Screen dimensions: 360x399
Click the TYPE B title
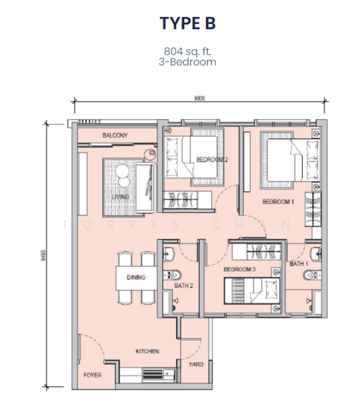tap(187, 23)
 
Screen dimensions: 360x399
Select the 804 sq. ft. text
tap(187, 51)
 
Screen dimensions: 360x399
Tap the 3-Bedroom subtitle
tap(187, 62)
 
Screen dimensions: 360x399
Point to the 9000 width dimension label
tap(199, 98)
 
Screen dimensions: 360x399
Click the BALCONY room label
tap(115, 136)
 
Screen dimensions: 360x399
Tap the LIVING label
tap(120, 197)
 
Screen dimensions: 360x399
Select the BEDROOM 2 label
tap(212, 160)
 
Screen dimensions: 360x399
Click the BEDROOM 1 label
tap(278, 201)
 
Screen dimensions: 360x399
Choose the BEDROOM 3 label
tap(240, 269)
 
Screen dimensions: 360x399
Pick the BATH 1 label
tap(299, 263)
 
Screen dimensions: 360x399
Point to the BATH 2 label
tap(183, 286)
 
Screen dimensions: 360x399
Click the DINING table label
tap(136, 277)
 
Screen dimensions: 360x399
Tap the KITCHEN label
tap(147, 351)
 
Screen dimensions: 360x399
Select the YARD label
tap(196, 364)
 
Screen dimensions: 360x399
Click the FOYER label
tap(92, 375)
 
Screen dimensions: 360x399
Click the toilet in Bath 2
tap(173, 275)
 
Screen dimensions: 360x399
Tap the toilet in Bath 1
tap(312, 275)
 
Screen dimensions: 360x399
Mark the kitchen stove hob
tap(153, 374)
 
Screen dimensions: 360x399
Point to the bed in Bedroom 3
tap(252, 291)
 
